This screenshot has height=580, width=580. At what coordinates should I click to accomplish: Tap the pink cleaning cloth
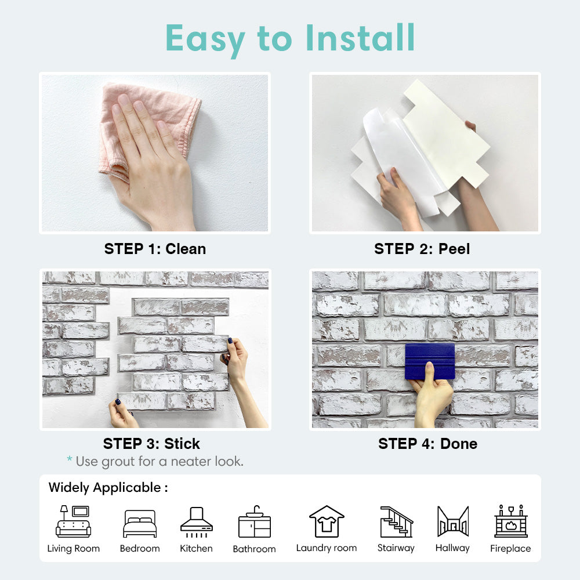(x=148, y=126)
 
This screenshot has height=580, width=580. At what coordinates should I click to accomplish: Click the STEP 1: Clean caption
(x=155, y=249)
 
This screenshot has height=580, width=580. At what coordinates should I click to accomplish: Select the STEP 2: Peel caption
(x=422, y=249)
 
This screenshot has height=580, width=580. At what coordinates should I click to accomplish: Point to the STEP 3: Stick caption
(x=151, y=444)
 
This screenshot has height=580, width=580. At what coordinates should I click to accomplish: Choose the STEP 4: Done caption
(x=427, y=444)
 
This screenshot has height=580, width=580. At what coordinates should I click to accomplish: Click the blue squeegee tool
(x=430, y=361)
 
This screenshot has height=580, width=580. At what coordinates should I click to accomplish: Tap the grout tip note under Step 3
(x=155, y=461)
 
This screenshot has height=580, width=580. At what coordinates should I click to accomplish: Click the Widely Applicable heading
(x=108, y=488)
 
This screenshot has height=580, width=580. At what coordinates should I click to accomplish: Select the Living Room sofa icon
(x=73, y=521)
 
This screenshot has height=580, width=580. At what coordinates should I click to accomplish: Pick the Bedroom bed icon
(x=140, y=523)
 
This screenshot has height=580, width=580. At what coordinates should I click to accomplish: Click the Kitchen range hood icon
(x=197, y=522)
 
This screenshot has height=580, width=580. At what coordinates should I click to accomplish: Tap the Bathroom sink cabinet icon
(x=255, y=521)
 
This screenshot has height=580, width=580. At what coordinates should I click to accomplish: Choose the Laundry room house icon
(x=327, y=521)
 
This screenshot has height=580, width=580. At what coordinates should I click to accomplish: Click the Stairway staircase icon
(x=396, y=522)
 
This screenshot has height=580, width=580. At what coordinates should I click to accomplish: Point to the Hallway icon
(x=453, y=521)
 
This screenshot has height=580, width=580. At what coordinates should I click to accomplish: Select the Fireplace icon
(x=511, y=521)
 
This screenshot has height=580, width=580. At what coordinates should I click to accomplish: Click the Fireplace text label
(x=510, y=548)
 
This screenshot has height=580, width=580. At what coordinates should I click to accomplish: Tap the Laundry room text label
(x=327, y=548)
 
